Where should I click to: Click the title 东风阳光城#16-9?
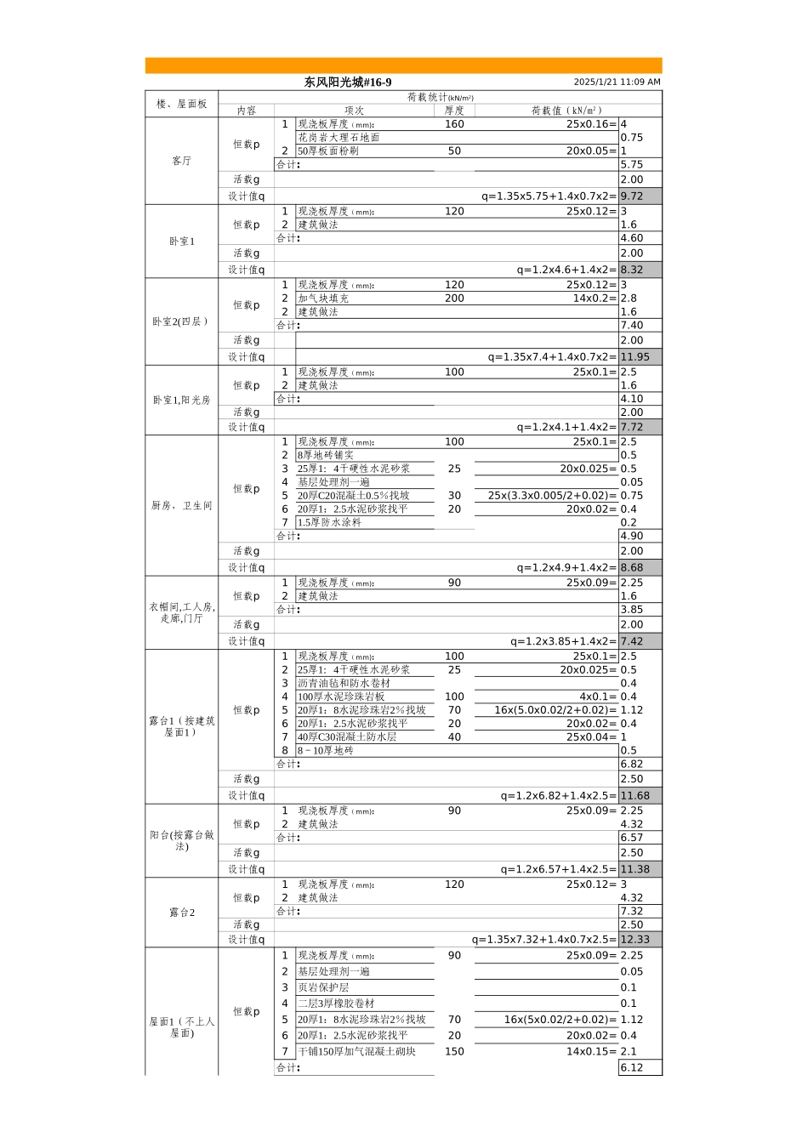(x=348, y=82)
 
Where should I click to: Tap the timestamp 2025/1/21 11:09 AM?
(x=617, y=82)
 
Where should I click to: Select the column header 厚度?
(x=454, y=111)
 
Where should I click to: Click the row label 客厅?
(x=181, y=161)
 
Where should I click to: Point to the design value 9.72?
(x=631, y=196)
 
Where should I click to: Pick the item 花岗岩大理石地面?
(x=339, y=137)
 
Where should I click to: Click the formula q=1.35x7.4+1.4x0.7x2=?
(x=552, y=356)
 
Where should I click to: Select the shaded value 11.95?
(x=635, y=356)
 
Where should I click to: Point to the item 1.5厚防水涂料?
(x=329, y=522)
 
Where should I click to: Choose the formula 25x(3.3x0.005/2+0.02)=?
(x=552, y=496)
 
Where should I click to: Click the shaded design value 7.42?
(x=631, y=641)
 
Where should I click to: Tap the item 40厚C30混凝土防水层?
(x=346, y=736)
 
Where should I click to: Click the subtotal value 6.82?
(x=631, y=764)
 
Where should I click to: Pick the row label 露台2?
(x=182, y=912)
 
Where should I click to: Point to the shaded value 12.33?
(x=635, y=939)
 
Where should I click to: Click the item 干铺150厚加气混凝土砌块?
(x=356, y=1051)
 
